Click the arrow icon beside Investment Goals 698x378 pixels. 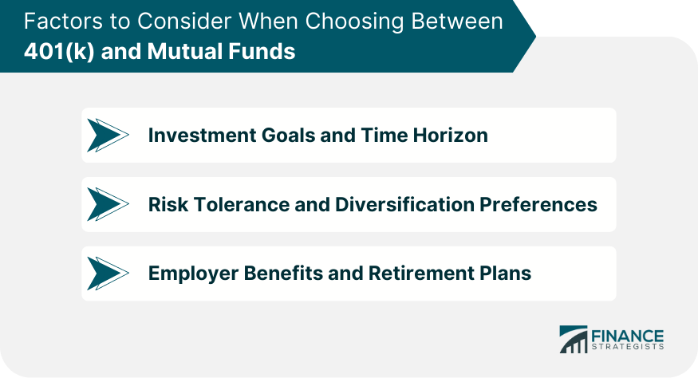point(107,136)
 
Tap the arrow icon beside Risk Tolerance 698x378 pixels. point(107,204)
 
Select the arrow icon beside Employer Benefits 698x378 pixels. point(107,273)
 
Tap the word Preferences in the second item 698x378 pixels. point(540,204)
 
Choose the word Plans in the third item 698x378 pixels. point(507,273)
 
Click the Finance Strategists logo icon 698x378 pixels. point(572,339)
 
